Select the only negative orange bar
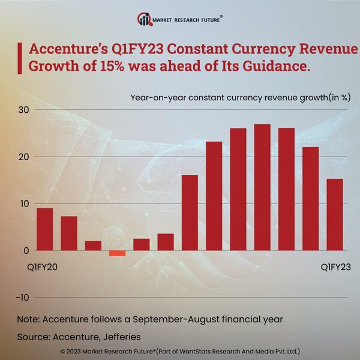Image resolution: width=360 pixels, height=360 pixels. pyautogui.click(x=117, y=253)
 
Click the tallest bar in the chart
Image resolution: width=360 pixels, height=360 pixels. pyautogui.click(x=262, y=187)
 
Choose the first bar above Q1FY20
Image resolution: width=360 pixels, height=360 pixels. pyautogui.click(x=44, y=229)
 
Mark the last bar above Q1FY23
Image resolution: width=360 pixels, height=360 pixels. pyautogui.click(x=335, y=214)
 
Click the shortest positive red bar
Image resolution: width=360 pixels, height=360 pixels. pyautogui.click(x=93, y=245)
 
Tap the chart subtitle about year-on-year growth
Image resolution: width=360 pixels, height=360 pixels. pyautogui.click(x=240, y=97)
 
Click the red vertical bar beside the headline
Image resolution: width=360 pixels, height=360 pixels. pyautogui.click(x=21, y=58)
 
